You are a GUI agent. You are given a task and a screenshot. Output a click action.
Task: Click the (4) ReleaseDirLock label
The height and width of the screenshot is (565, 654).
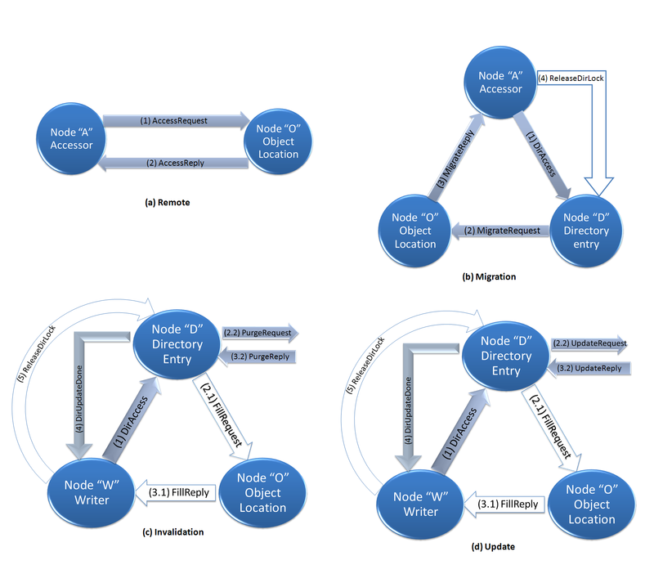tap(571, 79)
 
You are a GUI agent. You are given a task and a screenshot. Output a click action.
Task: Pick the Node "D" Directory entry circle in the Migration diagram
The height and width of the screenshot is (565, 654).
tap(587, 231)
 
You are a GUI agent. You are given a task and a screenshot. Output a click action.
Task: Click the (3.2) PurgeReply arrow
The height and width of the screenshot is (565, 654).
tap(261, 356)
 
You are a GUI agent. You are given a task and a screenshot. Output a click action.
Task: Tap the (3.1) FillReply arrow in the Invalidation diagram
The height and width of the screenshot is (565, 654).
tap(181, 491)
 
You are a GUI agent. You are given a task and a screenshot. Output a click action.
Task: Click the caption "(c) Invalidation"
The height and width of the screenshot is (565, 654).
tap(172, 531)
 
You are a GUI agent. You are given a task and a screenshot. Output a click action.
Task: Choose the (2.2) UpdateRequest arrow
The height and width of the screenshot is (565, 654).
tap(589, 344)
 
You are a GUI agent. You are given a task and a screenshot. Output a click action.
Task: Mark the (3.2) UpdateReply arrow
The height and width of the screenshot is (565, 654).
tap(587, 368)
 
